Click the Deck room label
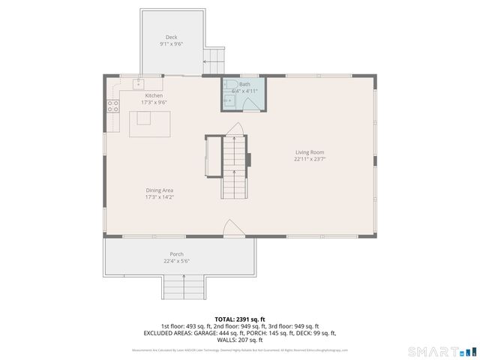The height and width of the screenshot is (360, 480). coord(172,37)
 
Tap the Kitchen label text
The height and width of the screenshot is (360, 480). coord(154,95)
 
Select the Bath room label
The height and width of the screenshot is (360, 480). coord(245,84)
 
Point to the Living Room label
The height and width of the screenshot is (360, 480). coord(309,152)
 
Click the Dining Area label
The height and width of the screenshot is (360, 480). coord(160,190)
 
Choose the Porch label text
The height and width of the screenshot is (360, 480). coord(176,254)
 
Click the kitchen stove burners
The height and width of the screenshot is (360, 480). coord(112,106)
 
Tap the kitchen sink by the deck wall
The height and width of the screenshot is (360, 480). coord(139,82)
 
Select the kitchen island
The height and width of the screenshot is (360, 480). coord(149,124)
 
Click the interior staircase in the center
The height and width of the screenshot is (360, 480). coord(234,166)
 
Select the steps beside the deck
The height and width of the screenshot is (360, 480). coord(214,56)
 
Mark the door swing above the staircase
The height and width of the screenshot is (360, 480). coord(234,129)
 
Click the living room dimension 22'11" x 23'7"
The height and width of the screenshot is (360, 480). coord(309,159)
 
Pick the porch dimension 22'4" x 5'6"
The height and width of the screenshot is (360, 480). coord(176,261)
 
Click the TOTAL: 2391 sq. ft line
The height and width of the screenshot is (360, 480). coord(240,319)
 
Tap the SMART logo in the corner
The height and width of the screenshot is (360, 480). coord(442,351)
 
